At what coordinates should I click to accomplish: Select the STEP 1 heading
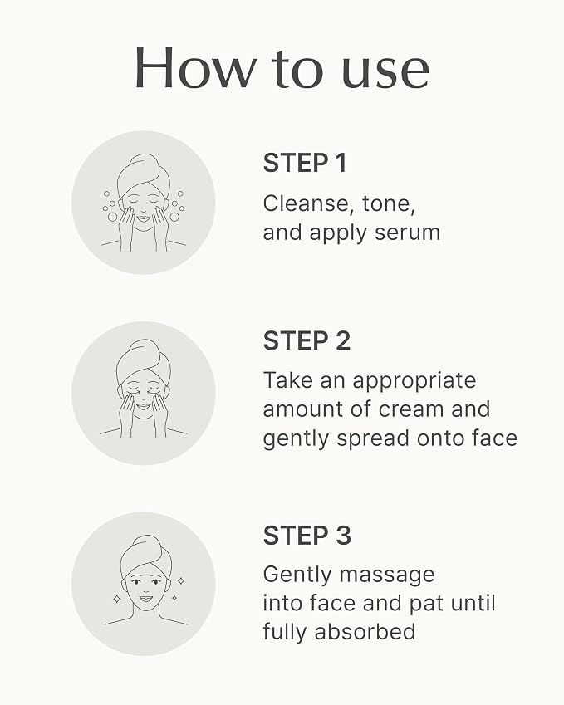coord(305,163)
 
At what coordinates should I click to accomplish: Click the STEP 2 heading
coord(307,340)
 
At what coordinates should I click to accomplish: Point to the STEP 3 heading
coord(307,536)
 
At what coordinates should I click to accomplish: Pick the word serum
coord(408,233)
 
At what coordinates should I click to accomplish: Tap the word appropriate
coord(414,382)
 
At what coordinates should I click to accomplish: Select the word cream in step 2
coord(411,409)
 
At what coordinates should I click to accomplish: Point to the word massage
coord(387,576)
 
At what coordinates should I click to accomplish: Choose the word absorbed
coord(365,632)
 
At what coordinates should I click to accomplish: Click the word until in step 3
coord(473,603)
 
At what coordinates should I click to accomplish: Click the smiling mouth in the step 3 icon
coord(145,599)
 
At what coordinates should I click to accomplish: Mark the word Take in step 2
coord(287,380)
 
